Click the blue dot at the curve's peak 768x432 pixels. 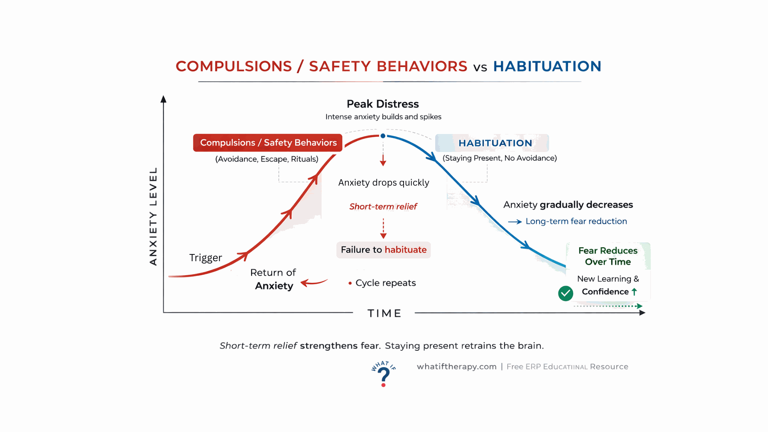[383, 136]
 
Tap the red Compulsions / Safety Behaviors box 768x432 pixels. [268, 143]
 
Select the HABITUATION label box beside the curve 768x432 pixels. [492, 143]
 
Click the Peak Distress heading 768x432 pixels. [383, 104]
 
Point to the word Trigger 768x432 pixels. [206, 258]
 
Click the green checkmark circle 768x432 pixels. [566, 293]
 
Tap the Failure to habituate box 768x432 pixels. [384, 250]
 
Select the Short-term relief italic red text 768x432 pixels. [383, 206]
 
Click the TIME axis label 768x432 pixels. [384, 313]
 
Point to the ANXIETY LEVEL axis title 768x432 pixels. [153, 216]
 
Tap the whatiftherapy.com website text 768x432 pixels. [457, 367]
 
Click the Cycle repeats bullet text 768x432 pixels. [382, 283]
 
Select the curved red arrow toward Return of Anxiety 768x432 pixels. [314, 282]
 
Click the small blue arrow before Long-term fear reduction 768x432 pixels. [515, 222]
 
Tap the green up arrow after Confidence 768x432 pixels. [634, 292]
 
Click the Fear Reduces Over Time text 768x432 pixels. [608, 256]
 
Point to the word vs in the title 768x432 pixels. [480, 67]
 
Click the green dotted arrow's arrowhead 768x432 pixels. [639, 306]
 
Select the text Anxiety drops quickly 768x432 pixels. [384, 183]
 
